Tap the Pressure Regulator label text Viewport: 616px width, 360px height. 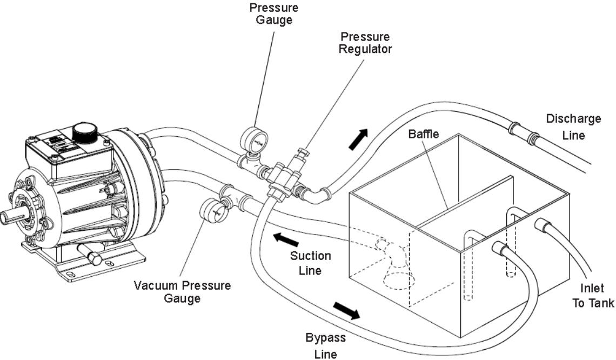point(366,42)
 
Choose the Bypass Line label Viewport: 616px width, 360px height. point(326,346)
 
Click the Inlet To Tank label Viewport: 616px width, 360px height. point(593,296)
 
